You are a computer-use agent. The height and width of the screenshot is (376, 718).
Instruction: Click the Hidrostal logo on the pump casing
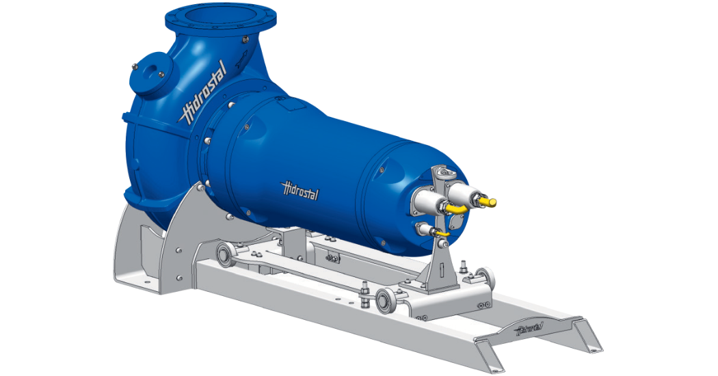tap(202, 102)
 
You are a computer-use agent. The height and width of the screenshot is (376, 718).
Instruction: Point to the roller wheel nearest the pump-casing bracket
tap(224, 255)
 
